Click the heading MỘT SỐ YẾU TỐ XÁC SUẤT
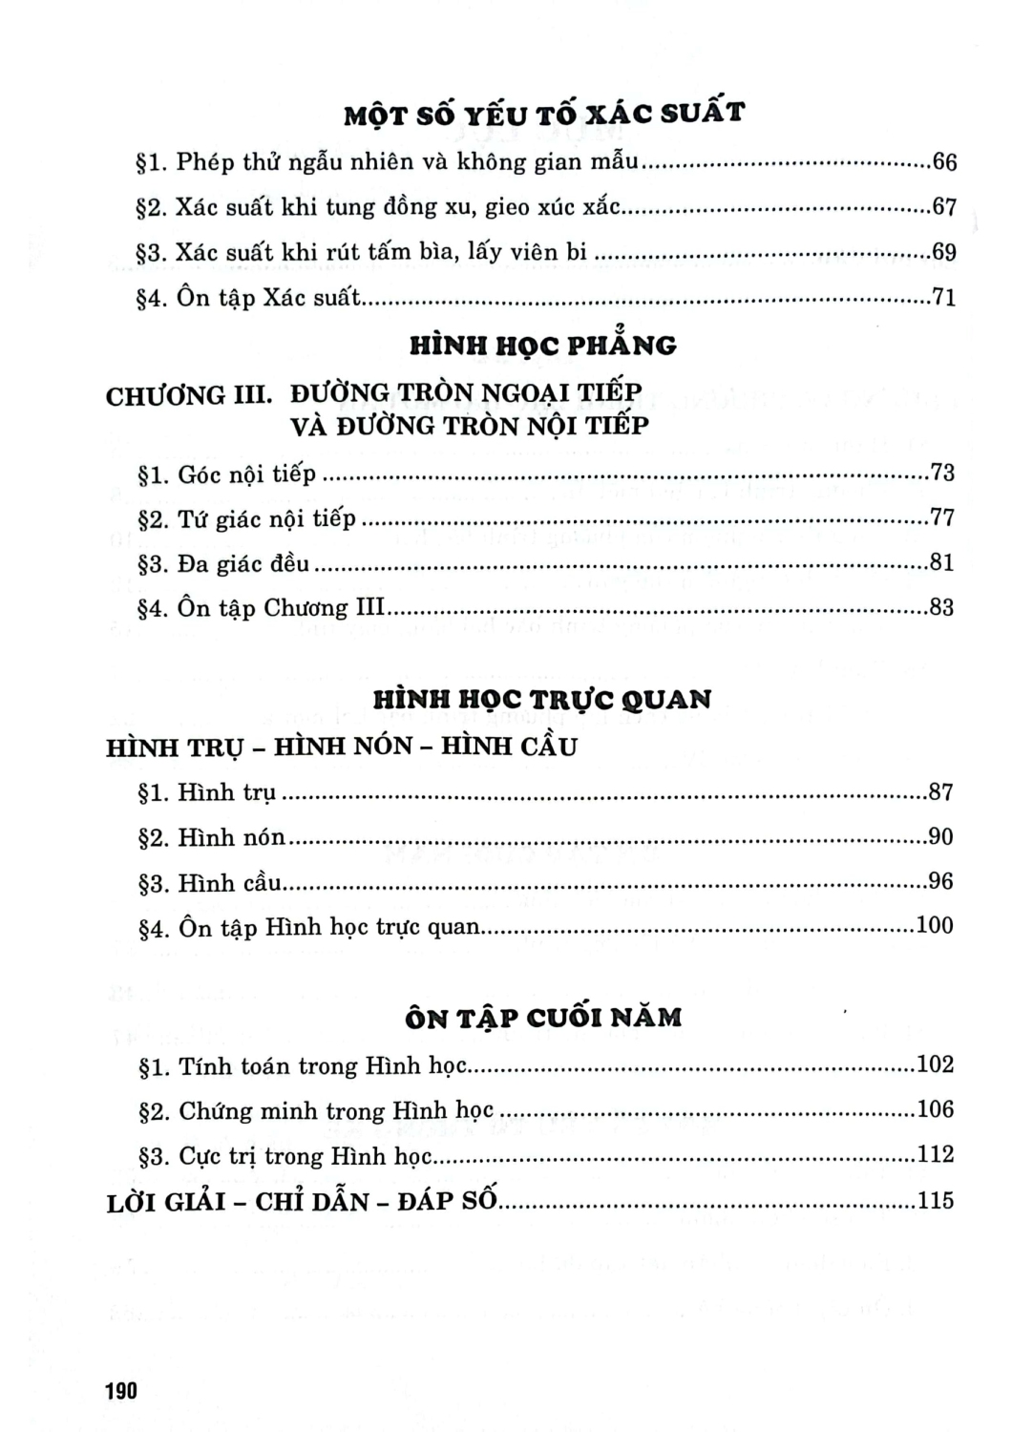coord(544,115)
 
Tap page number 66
coord(943,161)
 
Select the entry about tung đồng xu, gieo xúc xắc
coord(382,206)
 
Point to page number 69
coord(943,252)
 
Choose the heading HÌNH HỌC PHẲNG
coord(543,345)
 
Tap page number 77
coord(942,518)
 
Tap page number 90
coord(940,837)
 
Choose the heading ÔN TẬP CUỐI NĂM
coord(543,1018)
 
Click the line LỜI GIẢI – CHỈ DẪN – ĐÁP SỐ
coord(302,1200)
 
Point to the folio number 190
coord(122,1390)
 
